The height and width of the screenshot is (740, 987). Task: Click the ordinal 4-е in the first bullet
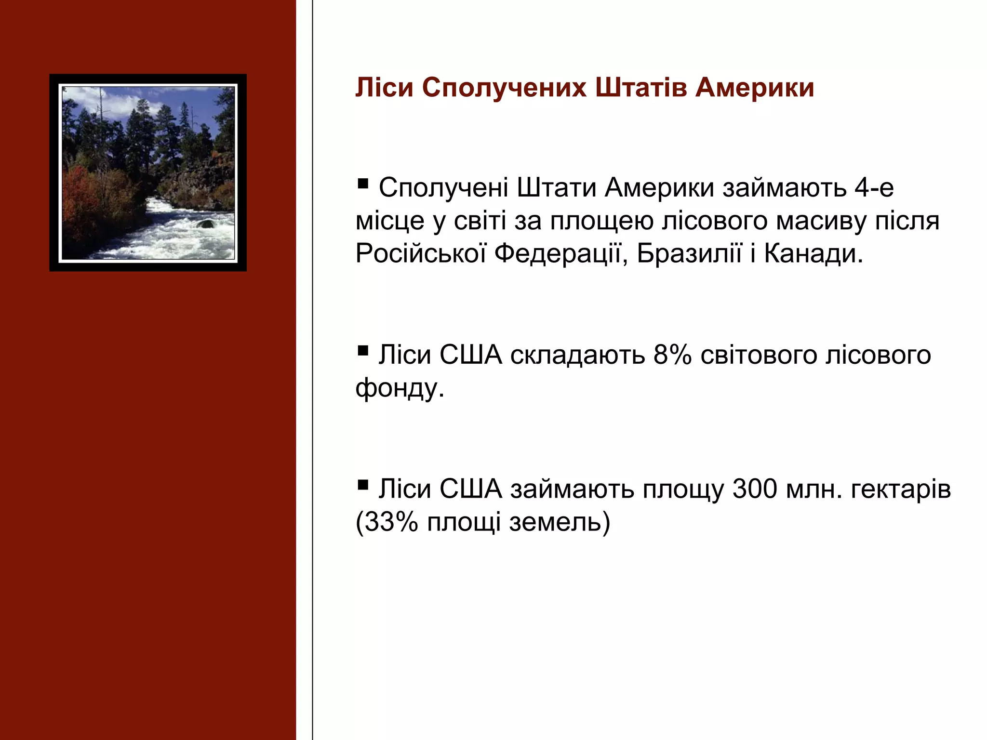874,188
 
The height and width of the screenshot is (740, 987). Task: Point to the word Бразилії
689,254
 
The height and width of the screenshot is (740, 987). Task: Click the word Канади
814,254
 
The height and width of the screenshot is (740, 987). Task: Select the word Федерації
561,254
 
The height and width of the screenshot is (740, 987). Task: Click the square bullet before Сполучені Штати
363,183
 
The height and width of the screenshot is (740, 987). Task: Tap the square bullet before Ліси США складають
363,350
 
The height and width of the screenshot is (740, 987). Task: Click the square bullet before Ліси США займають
363,484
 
